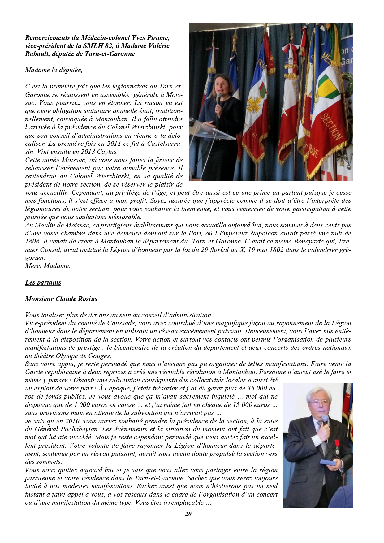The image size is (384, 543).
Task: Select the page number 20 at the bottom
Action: point(188,514)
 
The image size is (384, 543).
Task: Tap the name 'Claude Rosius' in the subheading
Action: point(76,299)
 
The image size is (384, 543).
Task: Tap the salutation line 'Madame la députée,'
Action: point(54,70)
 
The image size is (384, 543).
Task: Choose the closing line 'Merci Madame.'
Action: point(47,266)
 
